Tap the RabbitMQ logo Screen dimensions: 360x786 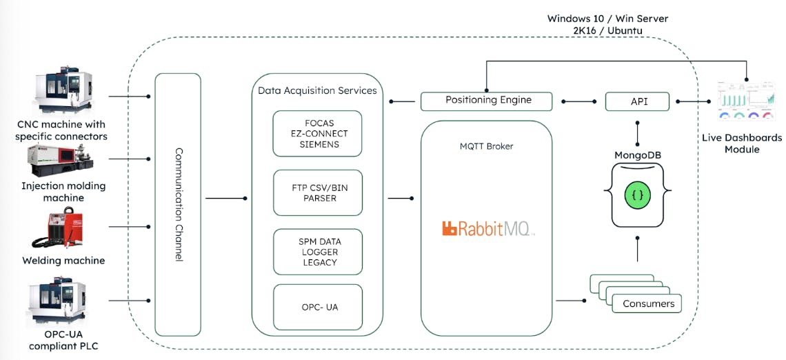tap(487, 228)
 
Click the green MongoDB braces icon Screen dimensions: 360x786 tap(638, 195)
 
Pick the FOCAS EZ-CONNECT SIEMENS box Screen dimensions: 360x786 tap(317, 133)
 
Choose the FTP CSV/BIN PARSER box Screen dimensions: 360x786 tap(317, 192)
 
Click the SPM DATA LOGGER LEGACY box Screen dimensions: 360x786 tap(317, 252)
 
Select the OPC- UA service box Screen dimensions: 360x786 tap(317, 306)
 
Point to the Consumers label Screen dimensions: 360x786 tap(648, 303)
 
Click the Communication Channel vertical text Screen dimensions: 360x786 tap(179, 204)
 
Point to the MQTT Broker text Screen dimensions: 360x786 tap(486, 146)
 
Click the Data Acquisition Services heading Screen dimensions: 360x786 tap(317, 90)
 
